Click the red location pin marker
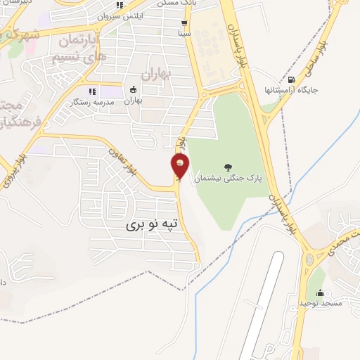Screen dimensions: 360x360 click(179, 166)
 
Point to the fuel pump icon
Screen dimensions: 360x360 click(292, 79)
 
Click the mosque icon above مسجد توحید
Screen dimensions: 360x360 click(321, 292)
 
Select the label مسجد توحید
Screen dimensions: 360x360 click(321, 303)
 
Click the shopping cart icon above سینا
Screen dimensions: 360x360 click(184, 22)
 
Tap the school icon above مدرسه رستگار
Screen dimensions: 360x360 click(91, 91)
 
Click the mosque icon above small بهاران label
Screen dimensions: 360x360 click(134, 89)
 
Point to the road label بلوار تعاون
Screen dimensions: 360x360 click(121, 152)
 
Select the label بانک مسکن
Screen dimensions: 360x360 click(185, 4)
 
